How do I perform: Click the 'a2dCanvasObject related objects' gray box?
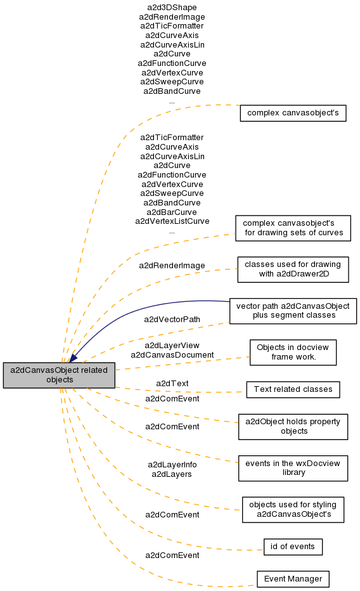point(59,375)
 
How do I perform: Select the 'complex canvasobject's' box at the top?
point(293,113)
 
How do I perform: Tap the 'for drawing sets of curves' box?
point(293,228)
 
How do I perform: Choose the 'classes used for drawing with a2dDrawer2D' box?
point(293,270)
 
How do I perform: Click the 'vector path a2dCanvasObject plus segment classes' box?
point(293,311)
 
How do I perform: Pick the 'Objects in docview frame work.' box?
point(293,353)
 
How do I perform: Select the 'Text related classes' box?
point(293,389)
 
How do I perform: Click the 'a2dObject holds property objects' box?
point(293,427)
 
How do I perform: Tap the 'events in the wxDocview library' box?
point(293,468)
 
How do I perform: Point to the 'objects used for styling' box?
point(293,510)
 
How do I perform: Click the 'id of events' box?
point(293,547)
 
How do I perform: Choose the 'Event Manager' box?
point(293,579)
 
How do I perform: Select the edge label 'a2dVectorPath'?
point(172,320)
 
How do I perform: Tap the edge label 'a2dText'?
point(172,383)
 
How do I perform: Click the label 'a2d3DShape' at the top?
point(172,8)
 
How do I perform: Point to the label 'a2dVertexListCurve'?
point(172,221)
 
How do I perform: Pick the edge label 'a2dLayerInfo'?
point(172,465)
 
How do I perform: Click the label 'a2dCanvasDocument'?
point(172,355)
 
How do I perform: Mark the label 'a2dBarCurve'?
point(172,212)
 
